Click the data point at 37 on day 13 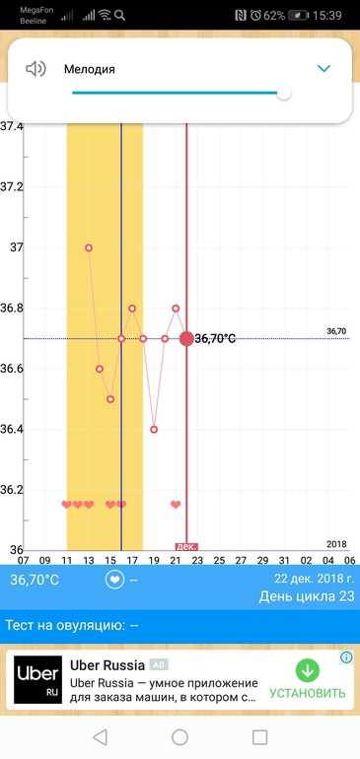(x=89, y=247)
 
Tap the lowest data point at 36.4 (x=154, y=430)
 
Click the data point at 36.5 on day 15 (x=110, y=399)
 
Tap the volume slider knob (x=284, y=93)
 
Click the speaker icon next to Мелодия (x=36, y=69)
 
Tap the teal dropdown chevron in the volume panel (x=324, y=69)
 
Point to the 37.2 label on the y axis (x=12, y=187)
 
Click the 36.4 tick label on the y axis (x=12, y=430)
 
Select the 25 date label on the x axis (x=220, y=561)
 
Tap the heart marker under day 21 (x=176, y=505)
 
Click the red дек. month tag (x=186, y=546)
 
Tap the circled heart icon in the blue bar (x=114, y=580)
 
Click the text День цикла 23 (x=307, y=596)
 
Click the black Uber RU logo (x=37, y=679)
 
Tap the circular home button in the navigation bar (x=180, y=737)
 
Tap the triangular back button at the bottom (x=100, y=737)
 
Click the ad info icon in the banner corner (x=346, y=656)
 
